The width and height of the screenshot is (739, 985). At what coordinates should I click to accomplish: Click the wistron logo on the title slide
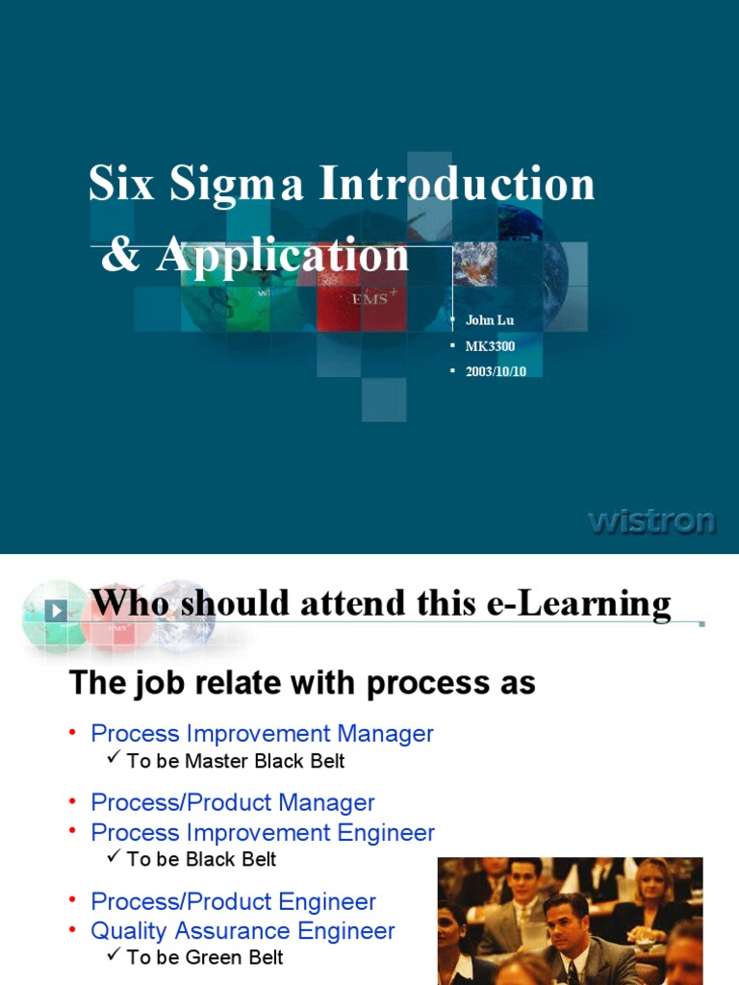pos(651,521)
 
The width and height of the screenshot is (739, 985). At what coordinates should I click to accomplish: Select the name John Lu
pos(490,320)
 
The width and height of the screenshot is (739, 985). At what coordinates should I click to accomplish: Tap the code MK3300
pos(490,346)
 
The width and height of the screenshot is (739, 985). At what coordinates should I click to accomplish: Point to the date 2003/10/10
pos(496,371)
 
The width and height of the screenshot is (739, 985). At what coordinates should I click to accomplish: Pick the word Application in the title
pos(283,256)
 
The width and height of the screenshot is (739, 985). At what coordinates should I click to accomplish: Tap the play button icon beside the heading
pos(57,610)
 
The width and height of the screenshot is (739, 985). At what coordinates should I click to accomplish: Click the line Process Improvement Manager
pos(262,734)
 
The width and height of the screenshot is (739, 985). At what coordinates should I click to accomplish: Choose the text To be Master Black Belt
pos(235,761)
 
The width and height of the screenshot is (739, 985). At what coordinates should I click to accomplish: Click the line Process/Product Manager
pos(232,802)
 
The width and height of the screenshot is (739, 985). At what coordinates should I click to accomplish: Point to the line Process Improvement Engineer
pos(263,833)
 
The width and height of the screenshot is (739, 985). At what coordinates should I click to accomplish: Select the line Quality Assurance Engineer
pos(242,931)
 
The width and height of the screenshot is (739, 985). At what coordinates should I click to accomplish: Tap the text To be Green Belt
pos(205,957)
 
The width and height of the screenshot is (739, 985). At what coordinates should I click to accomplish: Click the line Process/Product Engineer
pos(233,902)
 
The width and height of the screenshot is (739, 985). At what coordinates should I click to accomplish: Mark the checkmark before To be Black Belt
pos(114,857)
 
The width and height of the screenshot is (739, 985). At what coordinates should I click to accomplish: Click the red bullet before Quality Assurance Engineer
pos(72,930)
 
